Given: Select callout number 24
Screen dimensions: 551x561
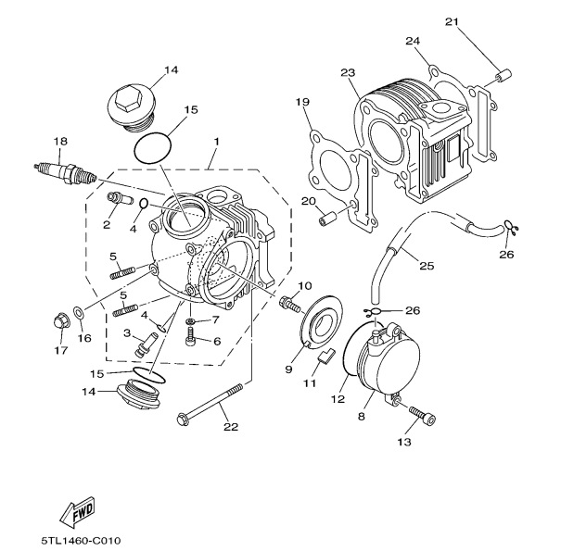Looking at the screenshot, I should (x=413, y=41).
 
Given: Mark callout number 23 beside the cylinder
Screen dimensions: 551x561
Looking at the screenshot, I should (x=348, y=73).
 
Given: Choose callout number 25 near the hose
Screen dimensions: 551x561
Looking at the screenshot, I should (x=426, y=267).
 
